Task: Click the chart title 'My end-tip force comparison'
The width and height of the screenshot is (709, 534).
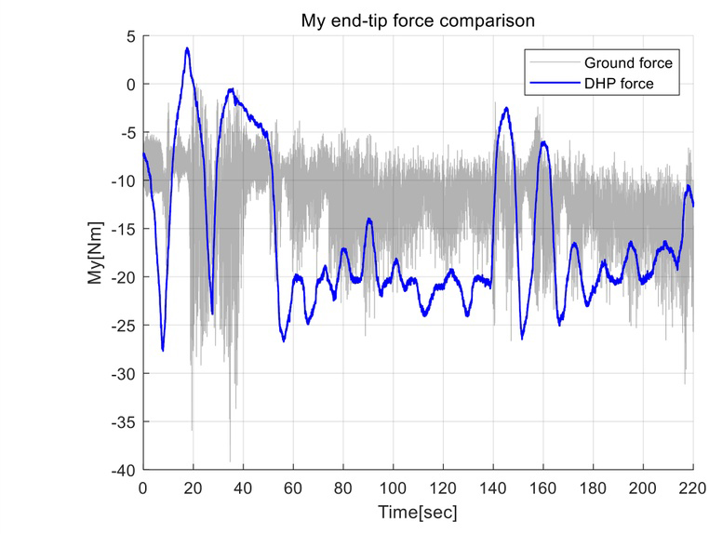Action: pyautogui.click(x=418, y=20)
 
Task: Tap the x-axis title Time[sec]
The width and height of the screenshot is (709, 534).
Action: pyautogui.click(x=418, y=512)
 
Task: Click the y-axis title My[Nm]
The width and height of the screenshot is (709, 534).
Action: pyautogui.click(x=97, y=252)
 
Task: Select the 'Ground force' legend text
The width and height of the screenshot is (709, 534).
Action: pyautogui.click(x=627, y=63)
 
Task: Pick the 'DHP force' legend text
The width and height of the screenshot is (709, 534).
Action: pyautogui.click(x=620, y=84)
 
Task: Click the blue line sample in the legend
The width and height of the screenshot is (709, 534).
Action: pyautogui.click(x=553, y=84)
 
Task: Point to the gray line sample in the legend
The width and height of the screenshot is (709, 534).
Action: pyautogui.click(x=553, y=63)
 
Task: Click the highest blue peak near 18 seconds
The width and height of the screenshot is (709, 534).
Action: pyautogui.click(x=187, y=48)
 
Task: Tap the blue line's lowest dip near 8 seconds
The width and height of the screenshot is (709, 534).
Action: pyautogui.click(x=163, y=350)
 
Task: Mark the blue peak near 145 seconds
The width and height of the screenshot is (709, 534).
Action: pyautogui.click(x=506, y=108)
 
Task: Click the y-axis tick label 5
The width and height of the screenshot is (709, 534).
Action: pyautogui.click(x=131, y=36)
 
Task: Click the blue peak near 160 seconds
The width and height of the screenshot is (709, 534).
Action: pyautogui.click(x=542, y=142)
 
